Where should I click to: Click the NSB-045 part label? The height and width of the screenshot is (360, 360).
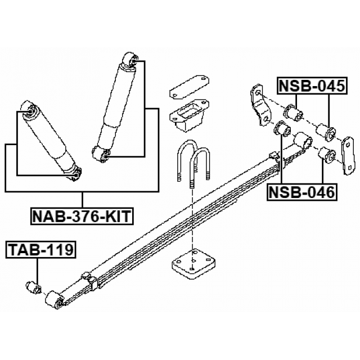click(312, 85)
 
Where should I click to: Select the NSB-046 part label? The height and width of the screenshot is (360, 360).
click(302, 192)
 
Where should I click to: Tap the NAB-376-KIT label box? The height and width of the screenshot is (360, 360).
click(82, 216)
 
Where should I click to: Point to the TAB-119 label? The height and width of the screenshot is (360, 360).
click(41, 250)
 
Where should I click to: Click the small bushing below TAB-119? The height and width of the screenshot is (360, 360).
click(33, 287)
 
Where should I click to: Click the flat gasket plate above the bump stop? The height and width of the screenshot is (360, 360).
click(189, 87)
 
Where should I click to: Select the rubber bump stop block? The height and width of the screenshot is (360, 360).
click(189, 116)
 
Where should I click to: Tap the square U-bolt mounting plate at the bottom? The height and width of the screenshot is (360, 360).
click(193, 264)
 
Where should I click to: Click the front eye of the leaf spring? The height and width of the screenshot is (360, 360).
click(55, 300)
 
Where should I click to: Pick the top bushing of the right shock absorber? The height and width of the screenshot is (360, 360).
click(130, 60)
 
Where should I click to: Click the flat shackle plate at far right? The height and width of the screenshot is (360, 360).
click(349, 156)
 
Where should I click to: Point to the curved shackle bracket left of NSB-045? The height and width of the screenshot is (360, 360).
click(260, 105)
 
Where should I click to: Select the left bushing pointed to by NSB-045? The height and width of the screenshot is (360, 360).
click(294, 112)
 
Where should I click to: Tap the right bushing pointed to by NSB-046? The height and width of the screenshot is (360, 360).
click(327, 156)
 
